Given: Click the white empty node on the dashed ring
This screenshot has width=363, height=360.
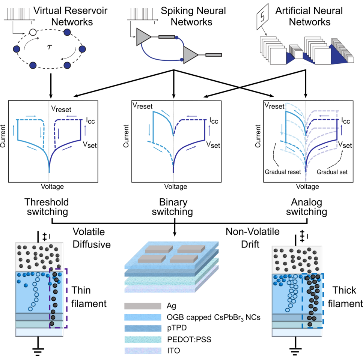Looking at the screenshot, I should point(33,33).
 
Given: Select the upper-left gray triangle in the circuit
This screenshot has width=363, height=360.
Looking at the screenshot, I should point(144,36).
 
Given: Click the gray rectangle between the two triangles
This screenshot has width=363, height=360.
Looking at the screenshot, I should point(167,37).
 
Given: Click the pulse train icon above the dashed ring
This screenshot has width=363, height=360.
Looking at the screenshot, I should point(18,14).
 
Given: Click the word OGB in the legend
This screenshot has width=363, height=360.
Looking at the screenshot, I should point(175,317).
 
